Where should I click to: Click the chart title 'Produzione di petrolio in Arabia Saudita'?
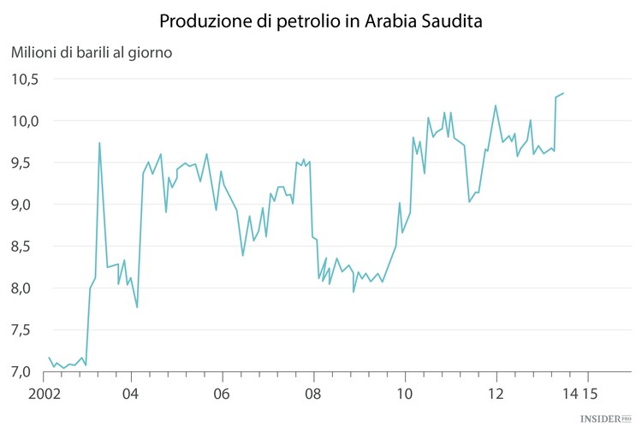[x=321, y=20]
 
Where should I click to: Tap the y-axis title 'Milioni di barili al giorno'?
[x=92, y=53]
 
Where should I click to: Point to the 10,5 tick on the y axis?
[x=25, y=79]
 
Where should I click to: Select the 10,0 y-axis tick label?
[x=25, y=121]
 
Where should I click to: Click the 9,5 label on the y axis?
[x=25, y=163]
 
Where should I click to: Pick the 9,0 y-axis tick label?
[x=25, y=205]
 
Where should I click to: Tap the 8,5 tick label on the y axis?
[x=25, y=246]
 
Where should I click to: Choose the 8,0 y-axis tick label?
[x=25, y=288]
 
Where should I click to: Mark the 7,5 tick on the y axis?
[x=25, y=330]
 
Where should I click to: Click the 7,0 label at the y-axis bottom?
[x=25, y=372]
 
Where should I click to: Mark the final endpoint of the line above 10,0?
[x=564, y=93]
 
